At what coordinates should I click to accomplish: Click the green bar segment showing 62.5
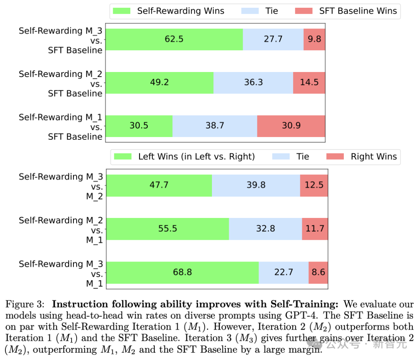(x=174, y=39)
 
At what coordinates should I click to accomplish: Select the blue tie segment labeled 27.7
(x=273, y=39)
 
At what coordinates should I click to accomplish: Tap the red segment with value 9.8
(x=314, y=39)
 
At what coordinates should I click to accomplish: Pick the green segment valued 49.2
(x=159, y=83)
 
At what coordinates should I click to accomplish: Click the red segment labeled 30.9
(x=291, y=126)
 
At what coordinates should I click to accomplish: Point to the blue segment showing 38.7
(x=215, y=126)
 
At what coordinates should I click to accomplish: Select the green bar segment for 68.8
(x=182, y=272)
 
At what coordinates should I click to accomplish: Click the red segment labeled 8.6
(x=318, y=272)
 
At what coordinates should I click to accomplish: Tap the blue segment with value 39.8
(x=256, y=185)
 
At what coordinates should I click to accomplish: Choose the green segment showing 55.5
(x=168, y=229)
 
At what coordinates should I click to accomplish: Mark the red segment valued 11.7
(x=315, y=229)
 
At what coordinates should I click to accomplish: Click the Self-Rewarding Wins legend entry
(x=168, y=11)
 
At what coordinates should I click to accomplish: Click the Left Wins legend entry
(x=184, y=156)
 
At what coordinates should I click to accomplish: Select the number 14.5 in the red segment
(x=309, y=83)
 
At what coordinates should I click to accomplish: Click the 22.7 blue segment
(x=283, y=272)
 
